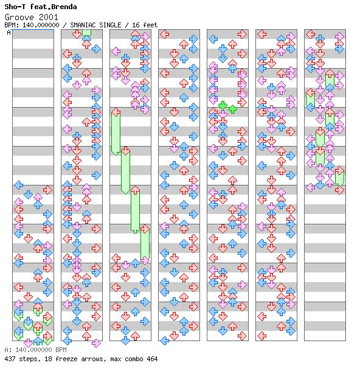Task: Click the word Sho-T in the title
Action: point(15,7)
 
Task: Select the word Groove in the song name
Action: point(19,17)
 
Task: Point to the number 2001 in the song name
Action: point(49,17)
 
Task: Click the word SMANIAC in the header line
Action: point(83,25)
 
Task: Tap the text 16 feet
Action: point(145,25)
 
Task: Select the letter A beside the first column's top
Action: point(9,32)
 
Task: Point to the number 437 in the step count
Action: point(9,359)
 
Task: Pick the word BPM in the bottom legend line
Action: point(61,350)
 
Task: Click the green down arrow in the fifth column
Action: point(223,105)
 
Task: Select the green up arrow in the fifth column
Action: point(232,109)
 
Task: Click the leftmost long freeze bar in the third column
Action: point(116,133)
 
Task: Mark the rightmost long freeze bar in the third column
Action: point(145,243)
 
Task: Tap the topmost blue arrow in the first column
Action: point(19,185)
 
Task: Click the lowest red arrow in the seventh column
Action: point(339,190)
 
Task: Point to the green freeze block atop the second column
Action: point(86,33)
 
